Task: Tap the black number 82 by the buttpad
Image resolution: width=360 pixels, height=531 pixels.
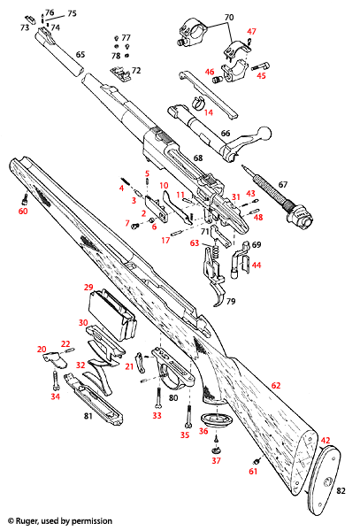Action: point(341,489)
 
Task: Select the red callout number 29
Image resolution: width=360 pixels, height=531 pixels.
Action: point(88,288)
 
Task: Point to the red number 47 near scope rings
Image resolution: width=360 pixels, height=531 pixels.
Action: point(251,32)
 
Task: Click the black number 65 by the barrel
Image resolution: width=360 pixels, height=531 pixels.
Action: point(80,55)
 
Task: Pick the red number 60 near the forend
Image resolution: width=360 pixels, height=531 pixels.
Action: point(23,212)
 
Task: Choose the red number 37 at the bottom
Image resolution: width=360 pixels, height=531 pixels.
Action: point(215,461)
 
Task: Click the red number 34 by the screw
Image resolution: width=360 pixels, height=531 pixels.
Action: point(55,396)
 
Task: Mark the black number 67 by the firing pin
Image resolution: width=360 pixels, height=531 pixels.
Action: point(283,184)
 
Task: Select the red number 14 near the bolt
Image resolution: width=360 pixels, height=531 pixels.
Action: point(209,112)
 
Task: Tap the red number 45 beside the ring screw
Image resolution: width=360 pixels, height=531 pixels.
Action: point(261,76)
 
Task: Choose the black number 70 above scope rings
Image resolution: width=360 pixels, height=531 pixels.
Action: point(228,18)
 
